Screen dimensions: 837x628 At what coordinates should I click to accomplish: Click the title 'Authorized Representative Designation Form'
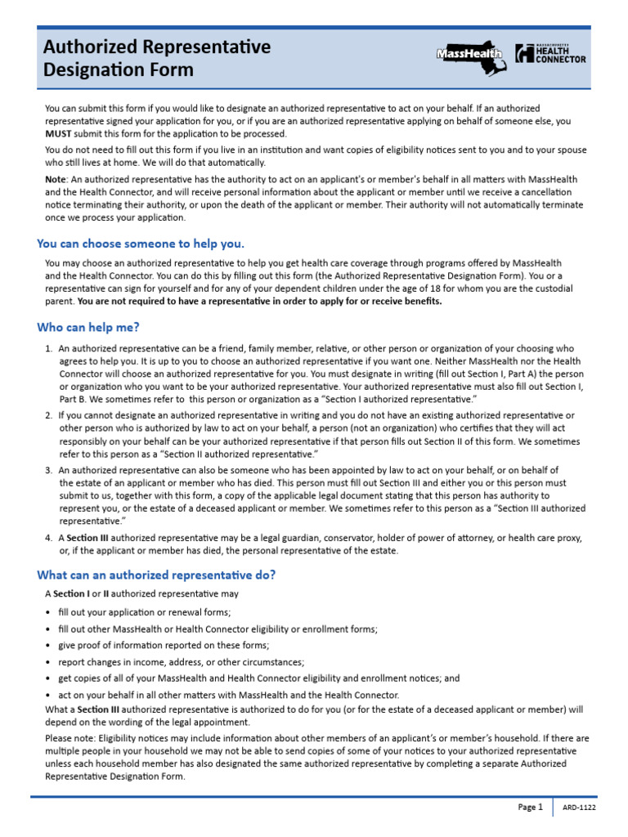(157, 58)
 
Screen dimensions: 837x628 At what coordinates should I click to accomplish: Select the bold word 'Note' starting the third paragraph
(56, 179)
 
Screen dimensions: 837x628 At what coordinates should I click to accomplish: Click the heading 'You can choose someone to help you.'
(141, 244)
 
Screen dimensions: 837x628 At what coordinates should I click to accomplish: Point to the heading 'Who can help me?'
(88, 328)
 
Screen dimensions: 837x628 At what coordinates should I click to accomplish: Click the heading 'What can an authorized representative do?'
(156, 575)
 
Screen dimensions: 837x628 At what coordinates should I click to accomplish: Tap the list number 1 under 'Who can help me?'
(49, 348)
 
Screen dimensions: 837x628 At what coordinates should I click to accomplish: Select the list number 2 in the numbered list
(49, 415)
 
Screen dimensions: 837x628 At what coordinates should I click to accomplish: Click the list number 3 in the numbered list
(49, 470)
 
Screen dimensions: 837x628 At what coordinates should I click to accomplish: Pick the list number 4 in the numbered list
(49, 538)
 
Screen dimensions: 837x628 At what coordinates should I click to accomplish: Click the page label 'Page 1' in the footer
(530, 808)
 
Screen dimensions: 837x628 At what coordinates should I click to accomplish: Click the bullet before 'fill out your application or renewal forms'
(48, 613)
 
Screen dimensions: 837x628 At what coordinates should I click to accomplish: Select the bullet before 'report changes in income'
(48, 662)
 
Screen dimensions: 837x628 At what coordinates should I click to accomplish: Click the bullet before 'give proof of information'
(48, 646)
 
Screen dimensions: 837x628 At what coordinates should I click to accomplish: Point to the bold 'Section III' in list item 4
(87, 538)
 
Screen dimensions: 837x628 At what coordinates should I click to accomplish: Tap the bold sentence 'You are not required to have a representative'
(259, 301)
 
